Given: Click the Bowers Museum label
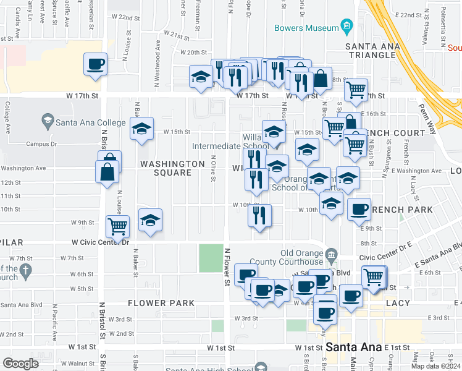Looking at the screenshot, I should (x=306, y=28).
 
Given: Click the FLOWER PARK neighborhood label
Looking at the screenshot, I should (x=161, y=303).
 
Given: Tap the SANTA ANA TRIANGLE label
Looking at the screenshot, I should (x=371, y=51).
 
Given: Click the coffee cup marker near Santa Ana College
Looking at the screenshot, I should (x=95, y=64).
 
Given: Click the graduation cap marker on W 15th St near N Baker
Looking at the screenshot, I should (x=141, y=129).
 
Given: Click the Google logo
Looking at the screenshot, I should (x=20, y=364).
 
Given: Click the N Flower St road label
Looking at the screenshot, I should (x=227, y=267).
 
